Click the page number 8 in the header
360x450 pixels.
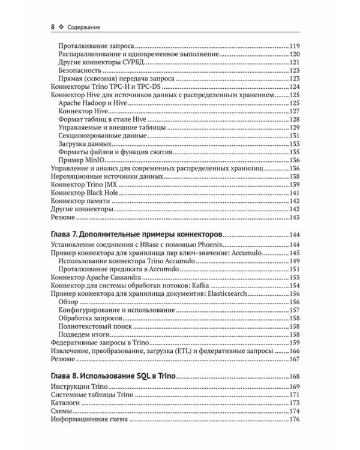tap(53, 26)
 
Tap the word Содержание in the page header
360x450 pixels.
tap(85, 26)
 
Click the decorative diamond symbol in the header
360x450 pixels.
tap(63, 26)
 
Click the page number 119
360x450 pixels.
tap(294, 46)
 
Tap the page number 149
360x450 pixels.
tap(294, 260)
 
